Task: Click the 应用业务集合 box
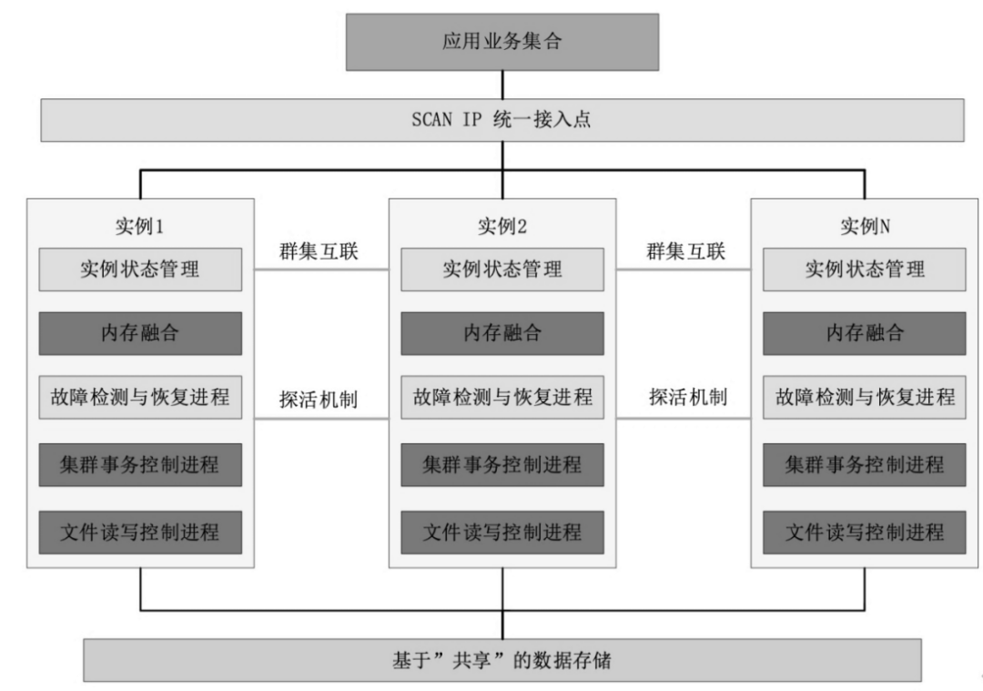(x=502, y=42)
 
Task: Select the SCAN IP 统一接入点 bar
(x=502, y=120)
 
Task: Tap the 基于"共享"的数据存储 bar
(x=502, y=660)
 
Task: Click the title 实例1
(x=140, y=226)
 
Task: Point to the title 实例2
(x=502, y=226)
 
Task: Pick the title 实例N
(x=865, y=226)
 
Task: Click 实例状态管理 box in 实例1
(x=140, y=269)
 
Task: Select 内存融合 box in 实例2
(x=502, y=333)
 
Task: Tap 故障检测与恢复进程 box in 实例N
(x=865, y=398)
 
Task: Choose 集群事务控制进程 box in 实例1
(x=140, y=465)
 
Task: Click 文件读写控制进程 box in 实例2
(x=502, y=533)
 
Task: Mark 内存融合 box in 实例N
(x=865, y=333)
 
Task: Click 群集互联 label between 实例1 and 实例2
(x=319, y=251)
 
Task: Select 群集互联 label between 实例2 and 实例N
(x=686, y=251)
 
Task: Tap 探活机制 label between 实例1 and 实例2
(x=319, y=399)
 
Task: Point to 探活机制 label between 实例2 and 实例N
(x=688, y=396)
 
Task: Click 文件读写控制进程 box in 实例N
(x=865, y=533)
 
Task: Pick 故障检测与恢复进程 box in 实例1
(x=140, y=398)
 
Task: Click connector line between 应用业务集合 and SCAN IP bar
(x=502, y=85)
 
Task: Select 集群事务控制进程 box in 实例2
(x=502, y=465)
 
